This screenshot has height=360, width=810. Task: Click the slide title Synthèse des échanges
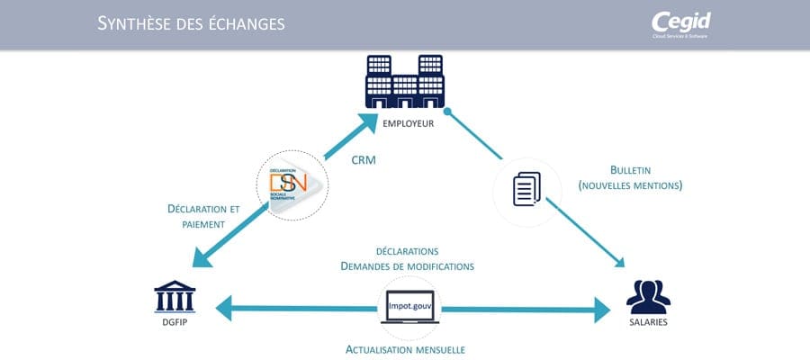191,23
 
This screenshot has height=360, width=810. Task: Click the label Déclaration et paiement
203,216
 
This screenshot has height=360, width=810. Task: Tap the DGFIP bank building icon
175,297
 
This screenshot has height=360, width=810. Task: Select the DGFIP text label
175,323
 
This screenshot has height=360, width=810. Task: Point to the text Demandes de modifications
407,266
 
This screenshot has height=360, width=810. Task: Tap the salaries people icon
648,297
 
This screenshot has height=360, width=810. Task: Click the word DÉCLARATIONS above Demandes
407,251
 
